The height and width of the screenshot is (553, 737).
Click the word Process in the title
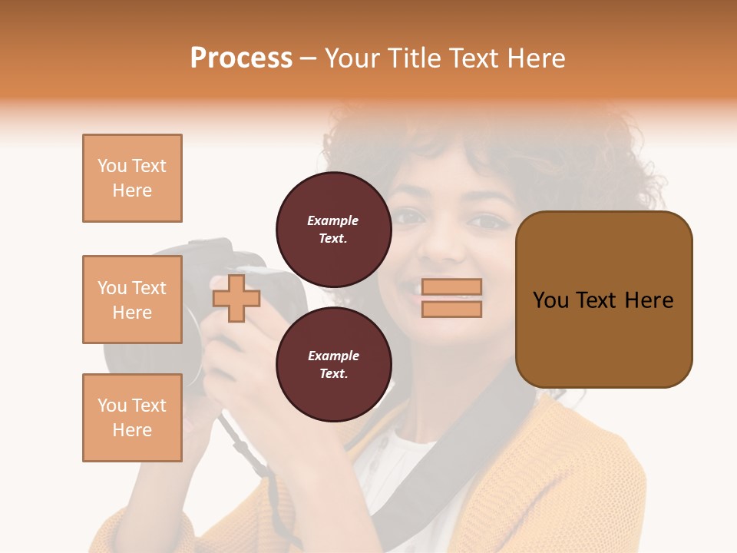241,58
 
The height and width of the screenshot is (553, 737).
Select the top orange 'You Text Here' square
132,178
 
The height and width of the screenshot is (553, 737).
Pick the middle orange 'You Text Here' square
132,300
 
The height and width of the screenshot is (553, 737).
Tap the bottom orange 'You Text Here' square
132,418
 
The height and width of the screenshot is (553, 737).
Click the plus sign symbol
236,299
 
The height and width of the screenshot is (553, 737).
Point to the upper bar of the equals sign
451,287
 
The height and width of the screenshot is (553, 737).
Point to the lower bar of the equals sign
451,309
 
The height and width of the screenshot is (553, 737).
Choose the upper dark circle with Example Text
333,229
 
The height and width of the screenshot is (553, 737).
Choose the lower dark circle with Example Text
333,364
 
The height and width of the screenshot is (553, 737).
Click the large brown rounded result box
603,299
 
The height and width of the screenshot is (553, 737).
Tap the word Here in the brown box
649,300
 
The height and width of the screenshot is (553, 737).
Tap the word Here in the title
535,58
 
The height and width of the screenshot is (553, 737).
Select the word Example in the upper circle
333,221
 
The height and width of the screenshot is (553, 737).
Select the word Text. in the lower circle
333,374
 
